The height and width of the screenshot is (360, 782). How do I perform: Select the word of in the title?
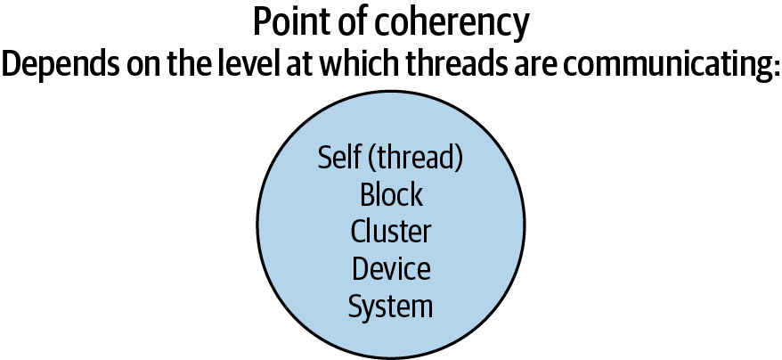pos(339,22)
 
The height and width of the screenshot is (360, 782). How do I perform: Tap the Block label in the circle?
pos(391,195)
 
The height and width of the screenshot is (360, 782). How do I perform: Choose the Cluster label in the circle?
pos(391,232)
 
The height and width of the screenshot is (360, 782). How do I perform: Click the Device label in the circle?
pos(391,268)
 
